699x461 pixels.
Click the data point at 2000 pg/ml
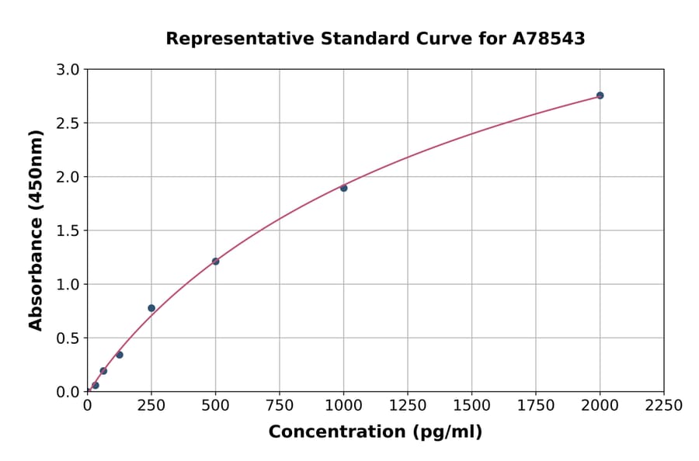(600, 95)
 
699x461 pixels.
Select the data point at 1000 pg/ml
(343, 188)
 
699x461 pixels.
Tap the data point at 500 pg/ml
(215, 261)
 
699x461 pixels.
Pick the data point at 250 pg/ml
(151, 308)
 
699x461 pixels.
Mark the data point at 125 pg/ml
(120, 355)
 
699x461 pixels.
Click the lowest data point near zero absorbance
(96, 385)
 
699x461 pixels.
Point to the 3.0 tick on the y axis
(69, 70)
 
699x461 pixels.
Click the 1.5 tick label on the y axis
(69, 230)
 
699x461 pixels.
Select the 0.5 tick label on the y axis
(69, 338)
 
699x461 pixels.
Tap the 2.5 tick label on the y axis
(69, 123)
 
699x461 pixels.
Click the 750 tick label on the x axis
(280, 406)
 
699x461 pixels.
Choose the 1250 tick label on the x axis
(408, 406)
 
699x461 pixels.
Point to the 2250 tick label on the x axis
(664, 406)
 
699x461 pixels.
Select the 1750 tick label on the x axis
(536, 406)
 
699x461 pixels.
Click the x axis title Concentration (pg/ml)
(375, 432)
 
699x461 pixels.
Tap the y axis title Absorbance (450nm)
(36, 230)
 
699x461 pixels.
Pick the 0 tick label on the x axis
(87, 406)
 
